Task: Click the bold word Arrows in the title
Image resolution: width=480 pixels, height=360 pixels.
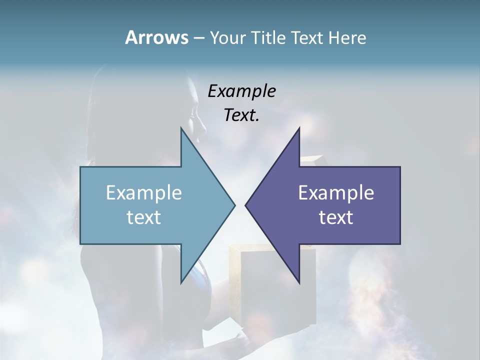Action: coord(156,37)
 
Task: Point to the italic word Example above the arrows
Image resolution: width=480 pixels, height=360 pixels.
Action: coord(242,91)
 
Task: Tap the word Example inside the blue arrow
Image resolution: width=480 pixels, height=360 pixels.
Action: coord(144,193)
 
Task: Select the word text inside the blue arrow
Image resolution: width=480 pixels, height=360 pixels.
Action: coord(144,217)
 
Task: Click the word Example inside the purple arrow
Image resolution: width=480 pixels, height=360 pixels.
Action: coord(336,193)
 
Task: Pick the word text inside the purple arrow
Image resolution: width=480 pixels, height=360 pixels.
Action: coord(336,217)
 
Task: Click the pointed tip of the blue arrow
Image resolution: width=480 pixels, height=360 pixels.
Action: coord(234,205)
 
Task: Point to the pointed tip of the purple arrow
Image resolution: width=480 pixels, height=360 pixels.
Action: coord(245,205)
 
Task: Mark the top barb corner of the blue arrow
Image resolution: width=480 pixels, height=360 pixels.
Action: coord(181,128)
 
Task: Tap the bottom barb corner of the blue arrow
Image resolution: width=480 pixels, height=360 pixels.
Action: coord(181,283)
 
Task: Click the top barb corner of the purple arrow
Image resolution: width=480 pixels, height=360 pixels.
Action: coord(299,128)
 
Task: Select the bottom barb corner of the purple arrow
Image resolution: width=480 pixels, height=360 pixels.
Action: coord(299,283)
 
